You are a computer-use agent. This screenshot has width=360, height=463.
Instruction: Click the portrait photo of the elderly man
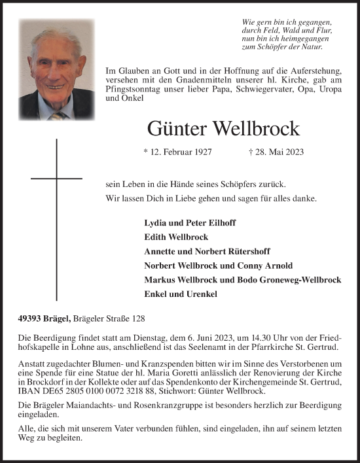tap(56, 69)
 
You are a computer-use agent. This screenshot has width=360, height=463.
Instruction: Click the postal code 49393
tap(31, 318)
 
